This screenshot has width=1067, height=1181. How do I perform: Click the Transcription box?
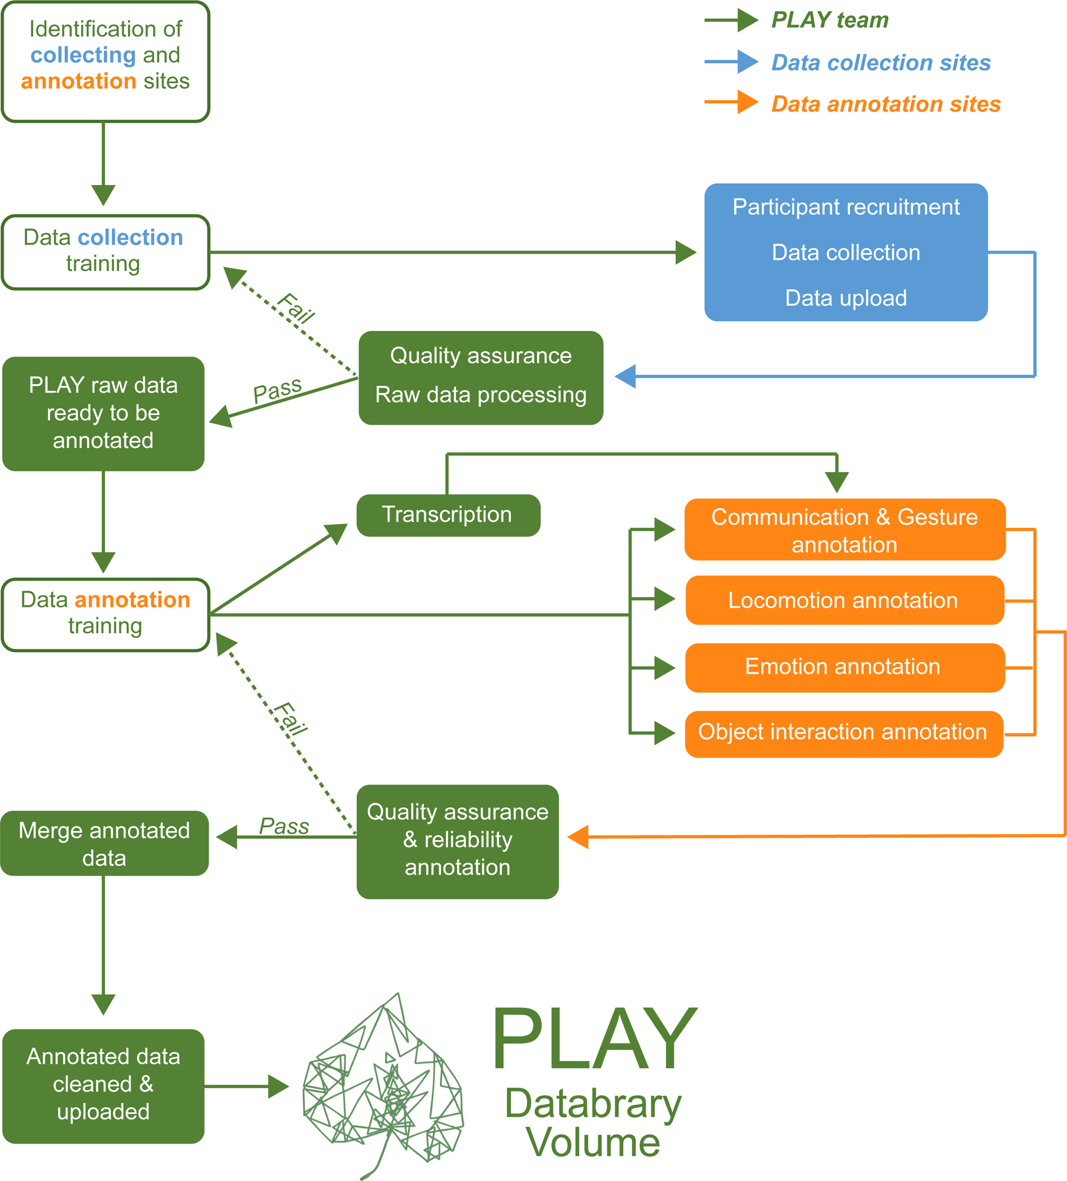(448, 515)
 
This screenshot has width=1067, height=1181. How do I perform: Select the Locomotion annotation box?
(844, 600)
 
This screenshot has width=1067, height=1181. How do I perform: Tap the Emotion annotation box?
(844, 667)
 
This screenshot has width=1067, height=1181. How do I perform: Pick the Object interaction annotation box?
(844, 733)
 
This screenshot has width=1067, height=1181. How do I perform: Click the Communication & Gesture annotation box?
(844, 529)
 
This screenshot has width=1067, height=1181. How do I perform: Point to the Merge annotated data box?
(104, 843)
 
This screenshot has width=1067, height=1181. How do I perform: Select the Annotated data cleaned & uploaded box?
(103, 1086)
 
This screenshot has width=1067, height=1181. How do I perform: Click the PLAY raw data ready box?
(103, 413)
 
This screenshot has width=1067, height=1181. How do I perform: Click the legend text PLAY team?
(830, 20)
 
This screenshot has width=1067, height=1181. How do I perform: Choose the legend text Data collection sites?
(881, 63)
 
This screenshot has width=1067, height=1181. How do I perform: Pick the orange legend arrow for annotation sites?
(731, 102)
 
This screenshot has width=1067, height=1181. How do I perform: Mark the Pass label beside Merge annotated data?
(284, 826)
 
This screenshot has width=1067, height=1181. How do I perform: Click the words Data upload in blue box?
(846, 298)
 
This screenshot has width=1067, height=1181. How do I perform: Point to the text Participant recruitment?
(846, 208)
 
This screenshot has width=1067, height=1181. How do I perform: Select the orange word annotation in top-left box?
(79, 81)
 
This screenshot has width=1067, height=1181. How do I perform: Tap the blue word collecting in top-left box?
(84, 55)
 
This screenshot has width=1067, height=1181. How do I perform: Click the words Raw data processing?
(481, 395)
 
